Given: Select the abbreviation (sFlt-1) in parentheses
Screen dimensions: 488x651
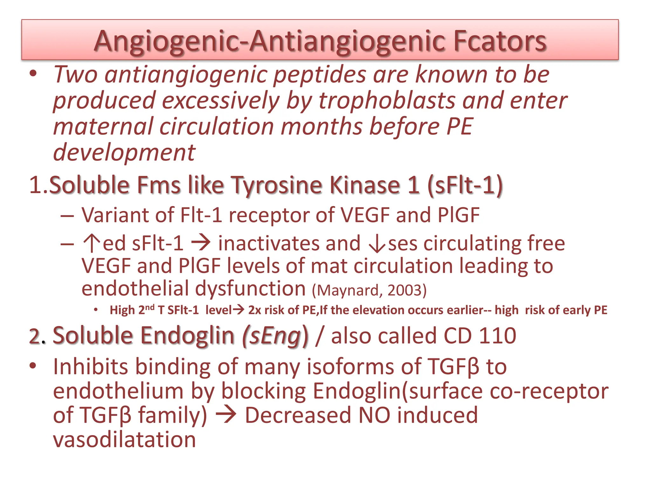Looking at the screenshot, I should coord(465,185).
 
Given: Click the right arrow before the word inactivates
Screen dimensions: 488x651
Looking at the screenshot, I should coord(201,243).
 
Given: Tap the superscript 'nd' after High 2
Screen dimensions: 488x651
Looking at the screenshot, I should coord(150,308).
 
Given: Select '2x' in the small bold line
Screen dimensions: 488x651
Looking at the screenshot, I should coord(255,310).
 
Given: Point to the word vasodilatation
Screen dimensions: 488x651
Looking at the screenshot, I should coord(124,440).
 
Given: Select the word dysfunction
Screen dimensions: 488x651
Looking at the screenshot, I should coord(250,288).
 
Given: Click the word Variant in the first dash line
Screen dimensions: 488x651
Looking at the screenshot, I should coord(115,215).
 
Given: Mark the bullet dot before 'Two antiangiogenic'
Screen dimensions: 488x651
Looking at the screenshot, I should coord(33,74).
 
